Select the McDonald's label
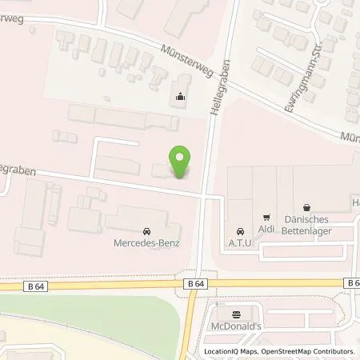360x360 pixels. [236, 326]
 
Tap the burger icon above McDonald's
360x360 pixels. [236, 314]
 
